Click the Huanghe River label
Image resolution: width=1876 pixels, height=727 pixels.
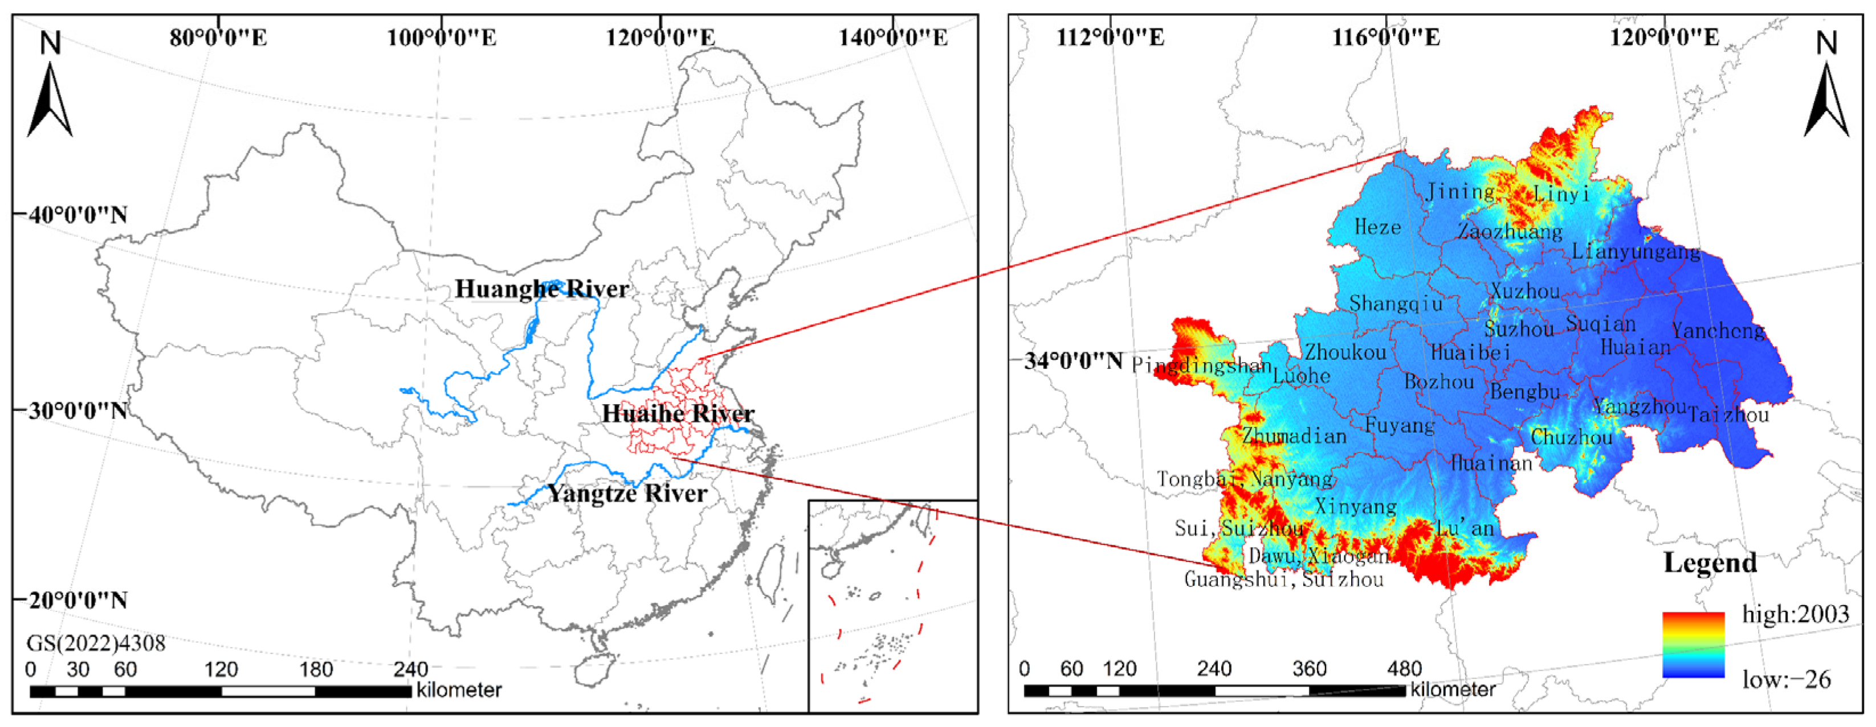(x=542, y=289)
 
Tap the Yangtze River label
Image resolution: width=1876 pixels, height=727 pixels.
(x=627, y=494)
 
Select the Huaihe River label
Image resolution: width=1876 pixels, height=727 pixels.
(x=678, y=413)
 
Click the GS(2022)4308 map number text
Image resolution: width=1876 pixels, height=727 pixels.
(x=96, y=643)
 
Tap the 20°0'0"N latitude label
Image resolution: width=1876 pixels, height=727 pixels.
(x=78, y=601)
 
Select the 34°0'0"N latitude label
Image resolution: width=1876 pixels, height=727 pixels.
(x=1074, y=361)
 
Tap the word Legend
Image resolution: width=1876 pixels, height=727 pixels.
(x=1710, y=562)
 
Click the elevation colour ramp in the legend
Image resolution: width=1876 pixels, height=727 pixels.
(x=1693, y=645)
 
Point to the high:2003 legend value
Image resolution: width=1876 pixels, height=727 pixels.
(x=1795, y=614)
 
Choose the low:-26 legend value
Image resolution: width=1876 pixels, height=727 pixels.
(x=1787, y=680)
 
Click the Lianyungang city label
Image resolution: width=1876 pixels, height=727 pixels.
(x=1636, y=252)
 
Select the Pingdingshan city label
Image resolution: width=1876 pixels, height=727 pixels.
(x=1202, y=365)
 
